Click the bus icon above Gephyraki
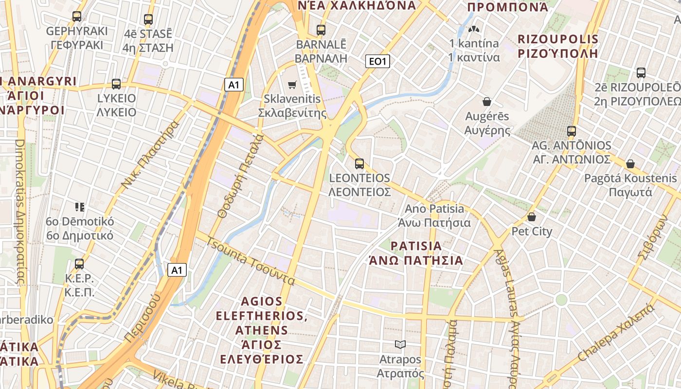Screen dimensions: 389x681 [77, 16]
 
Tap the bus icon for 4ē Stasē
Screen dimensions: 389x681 [148, 19]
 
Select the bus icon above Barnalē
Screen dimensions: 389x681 [321, 30]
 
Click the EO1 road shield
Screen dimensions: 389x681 [377, 61]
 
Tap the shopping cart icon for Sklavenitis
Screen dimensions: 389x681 [292, 85]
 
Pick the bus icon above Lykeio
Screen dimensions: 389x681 [116, 84]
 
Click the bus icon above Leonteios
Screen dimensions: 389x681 [359, 164]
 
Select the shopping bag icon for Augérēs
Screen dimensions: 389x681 [487, 102]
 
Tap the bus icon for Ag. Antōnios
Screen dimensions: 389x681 [572, 131]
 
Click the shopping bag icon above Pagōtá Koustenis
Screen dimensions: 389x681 [630, 164]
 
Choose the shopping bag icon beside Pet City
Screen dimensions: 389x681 [532, 217]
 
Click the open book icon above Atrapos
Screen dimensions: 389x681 [400, 345]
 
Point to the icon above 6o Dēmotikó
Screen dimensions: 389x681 [80, 207]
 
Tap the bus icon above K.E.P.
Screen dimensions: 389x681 [79, 264]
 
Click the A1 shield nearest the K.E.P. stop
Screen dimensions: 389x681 [177, 270]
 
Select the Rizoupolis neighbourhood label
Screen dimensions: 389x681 [557, 46]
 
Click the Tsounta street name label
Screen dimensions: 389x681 [251, 261]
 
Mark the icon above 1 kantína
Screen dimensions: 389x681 [474, 29]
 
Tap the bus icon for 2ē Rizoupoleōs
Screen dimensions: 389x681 [641, 73]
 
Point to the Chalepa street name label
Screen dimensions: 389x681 [615, 333]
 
